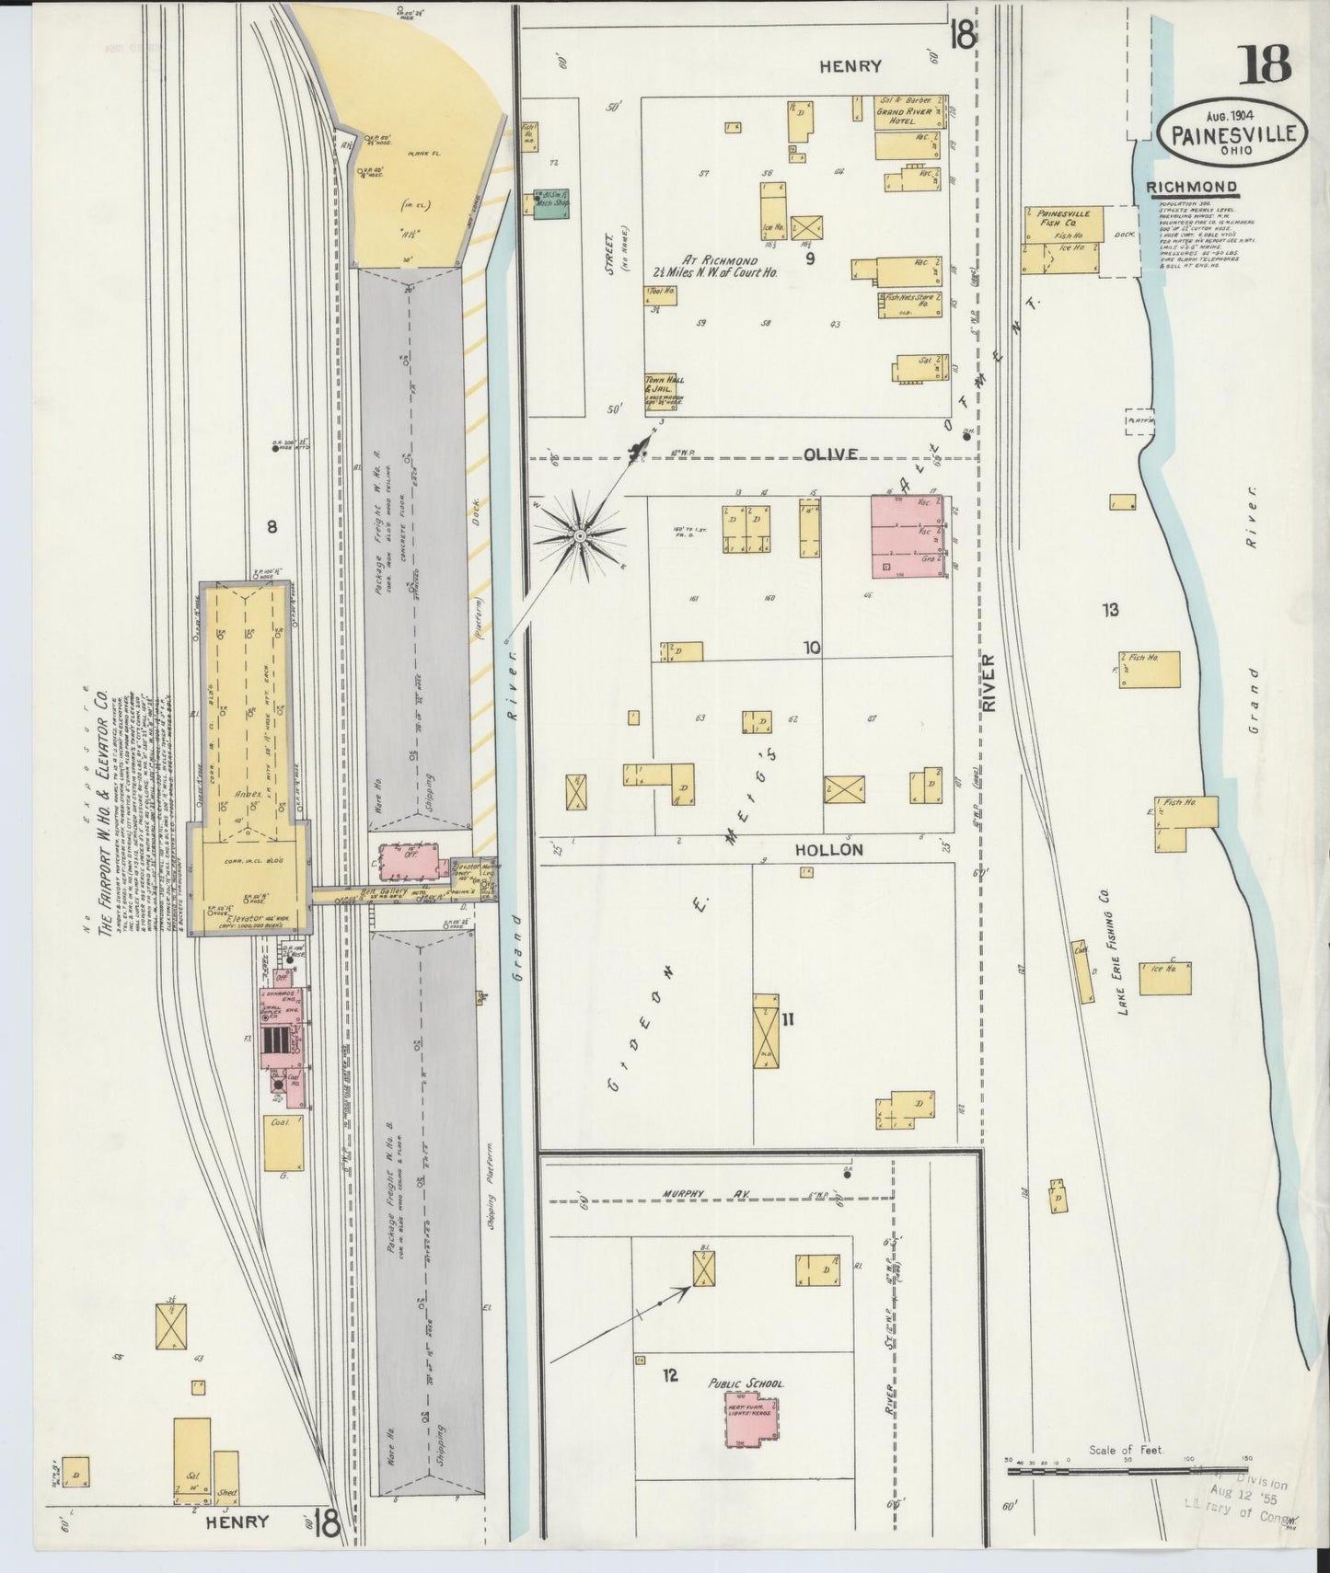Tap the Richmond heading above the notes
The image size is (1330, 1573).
1191,188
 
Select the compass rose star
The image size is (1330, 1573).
580,534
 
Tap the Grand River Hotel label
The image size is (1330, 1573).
905,115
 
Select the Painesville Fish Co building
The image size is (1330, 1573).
1062,239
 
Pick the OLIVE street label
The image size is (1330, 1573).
829,454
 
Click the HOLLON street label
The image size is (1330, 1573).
828,850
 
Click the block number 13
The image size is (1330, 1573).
1110,609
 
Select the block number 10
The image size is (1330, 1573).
810,648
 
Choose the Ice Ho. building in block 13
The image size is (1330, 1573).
1165,977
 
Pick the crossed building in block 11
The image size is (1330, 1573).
765,1031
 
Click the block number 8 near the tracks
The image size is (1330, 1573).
272,526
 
